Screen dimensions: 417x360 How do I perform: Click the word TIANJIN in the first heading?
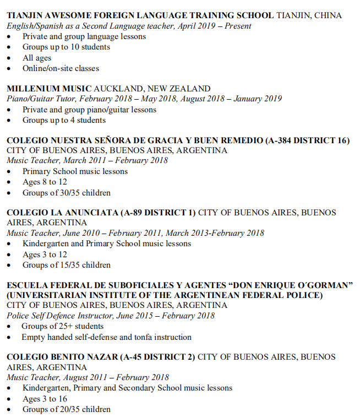24,15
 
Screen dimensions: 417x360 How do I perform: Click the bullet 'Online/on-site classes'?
61,68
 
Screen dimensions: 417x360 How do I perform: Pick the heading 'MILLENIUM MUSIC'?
48,88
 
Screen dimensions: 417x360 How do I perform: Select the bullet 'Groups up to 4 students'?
64,120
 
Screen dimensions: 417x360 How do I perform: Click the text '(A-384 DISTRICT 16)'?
307,140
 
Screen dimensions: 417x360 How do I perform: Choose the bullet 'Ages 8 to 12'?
45,182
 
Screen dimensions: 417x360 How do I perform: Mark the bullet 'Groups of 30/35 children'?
66,193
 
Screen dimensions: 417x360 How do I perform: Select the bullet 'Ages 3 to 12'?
45,254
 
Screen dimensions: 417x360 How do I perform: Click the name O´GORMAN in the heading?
321,285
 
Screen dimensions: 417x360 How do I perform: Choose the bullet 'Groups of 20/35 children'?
66,409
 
